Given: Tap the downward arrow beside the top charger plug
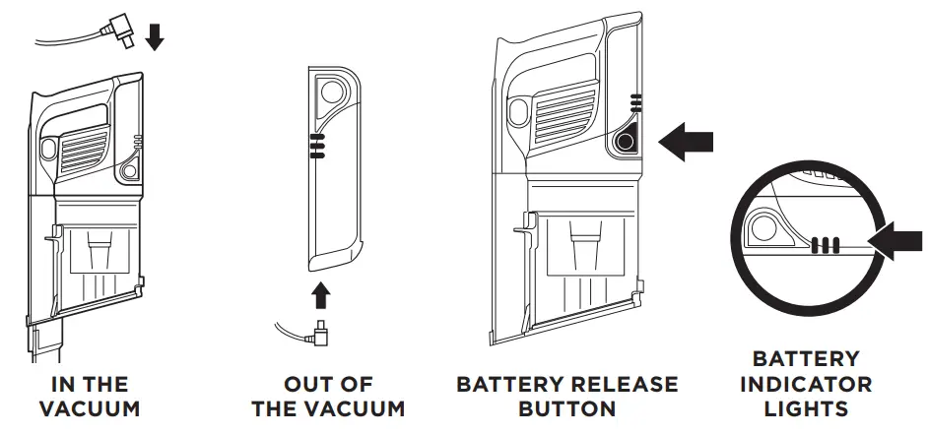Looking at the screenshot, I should click(154, 36).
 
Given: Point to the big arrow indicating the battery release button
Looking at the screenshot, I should click(685, 142).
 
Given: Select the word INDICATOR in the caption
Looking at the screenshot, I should click(806, 384).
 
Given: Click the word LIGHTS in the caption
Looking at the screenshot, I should click(806, 408).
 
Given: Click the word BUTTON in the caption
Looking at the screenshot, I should click(567, 408).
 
